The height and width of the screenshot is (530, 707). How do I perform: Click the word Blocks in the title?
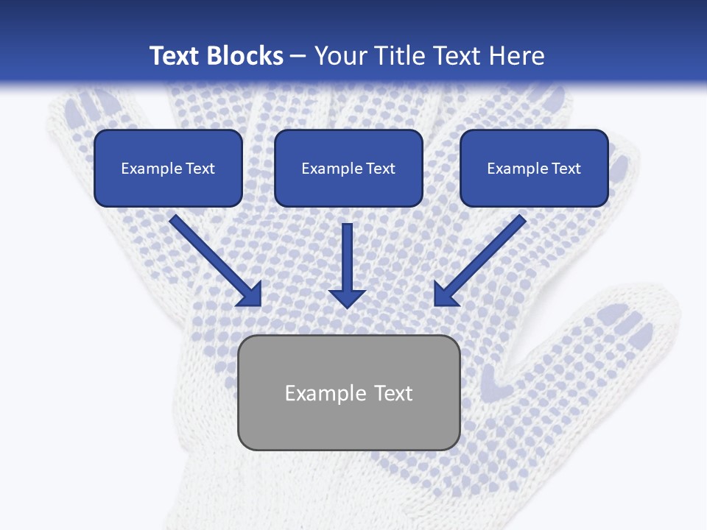click(245, 56)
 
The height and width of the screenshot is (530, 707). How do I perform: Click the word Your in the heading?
click(342, 56)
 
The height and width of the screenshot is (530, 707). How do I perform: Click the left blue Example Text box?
click(168, 168)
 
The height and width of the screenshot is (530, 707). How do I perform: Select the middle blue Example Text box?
click(348, 168)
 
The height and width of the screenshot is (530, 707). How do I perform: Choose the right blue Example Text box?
click(534, 168)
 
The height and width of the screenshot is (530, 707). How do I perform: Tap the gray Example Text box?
click(348, 392)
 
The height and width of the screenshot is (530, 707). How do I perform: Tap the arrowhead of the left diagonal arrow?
click(250, 295)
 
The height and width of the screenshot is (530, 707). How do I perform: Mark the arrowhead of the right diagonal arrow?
click(445, 295)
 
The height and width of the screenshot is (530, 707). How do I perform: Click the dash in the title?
click(298, 57)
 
